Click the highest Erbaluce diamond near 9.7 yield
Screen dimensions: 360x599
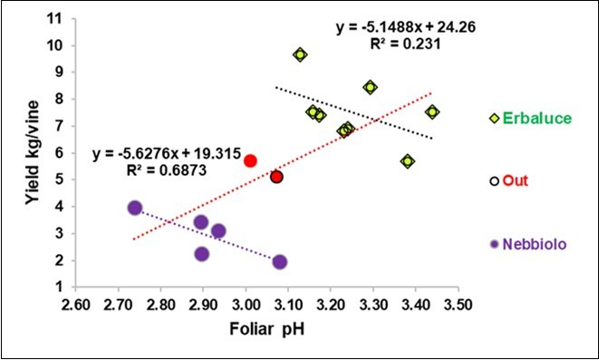(300, 54)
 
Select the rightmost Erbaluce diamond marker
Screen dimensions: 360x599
(432, 112)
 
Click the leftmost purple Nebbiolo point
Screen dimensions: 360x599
(135, 208)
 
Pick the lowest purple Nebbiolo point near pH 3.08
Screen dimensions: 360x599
(279, 262)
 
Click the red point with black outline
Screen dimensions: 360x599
(277, 177)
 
